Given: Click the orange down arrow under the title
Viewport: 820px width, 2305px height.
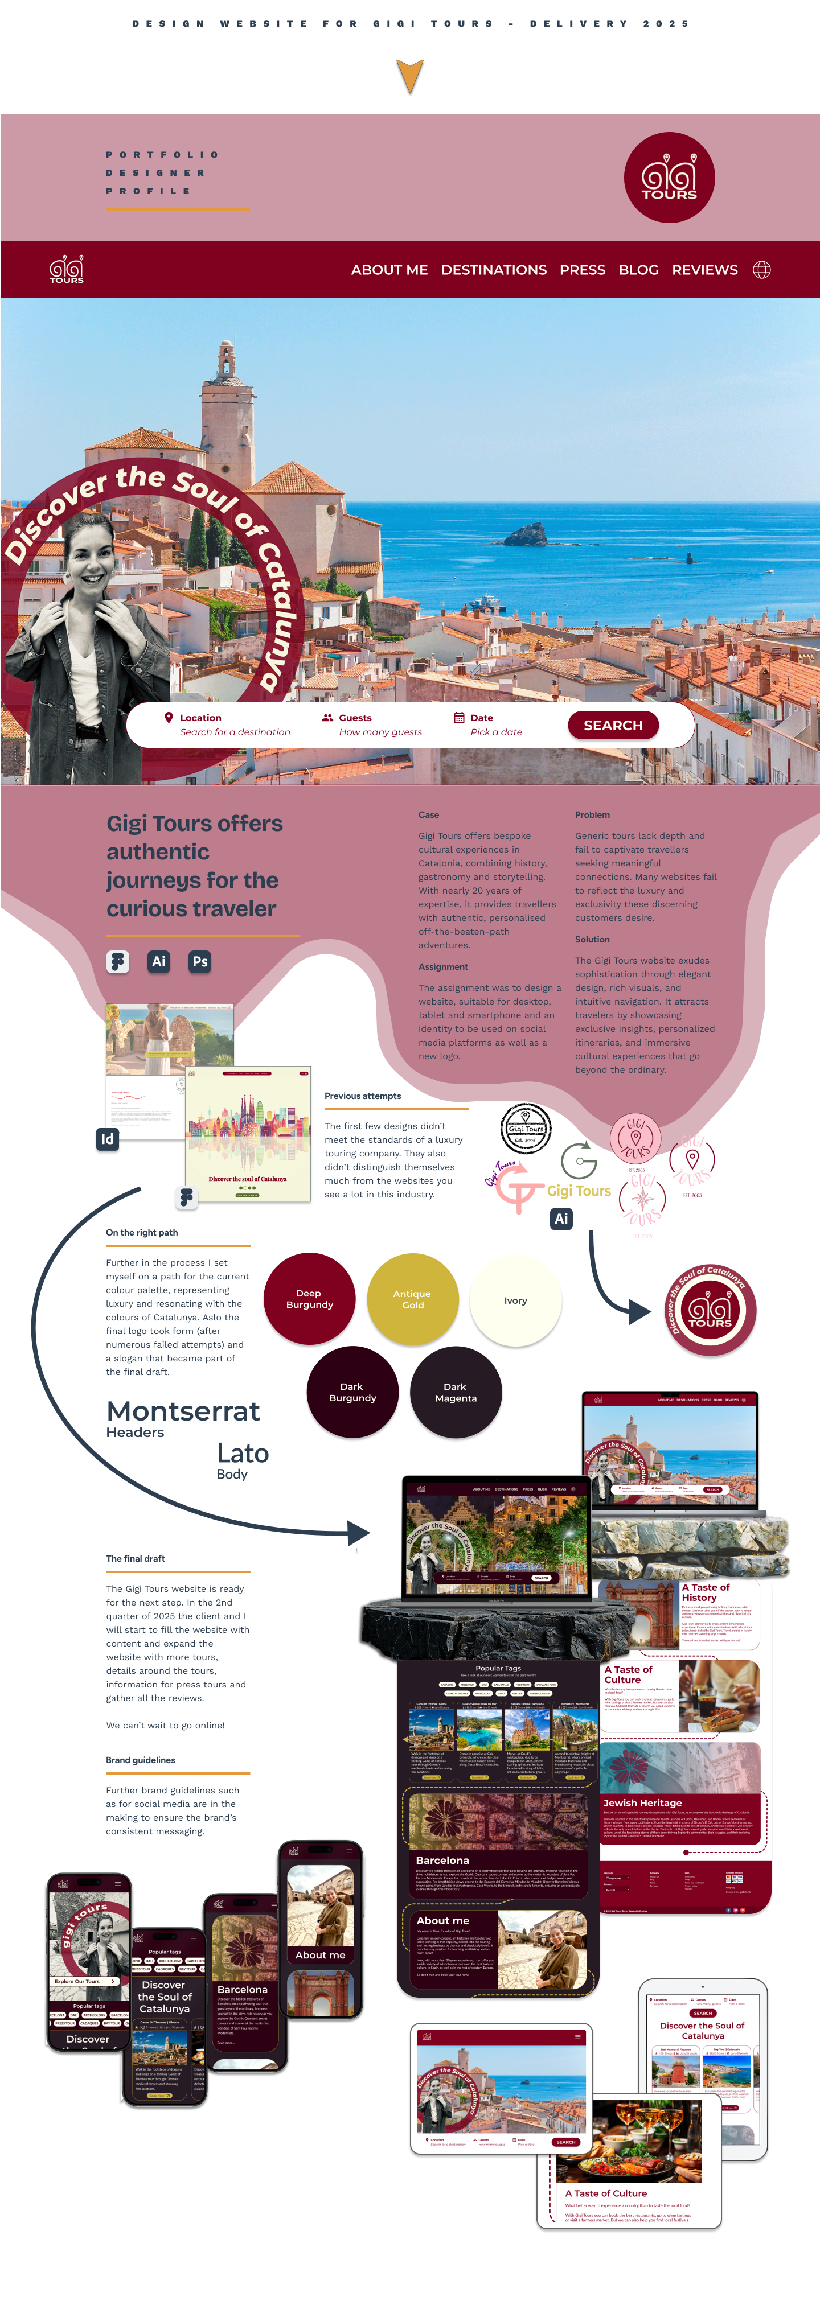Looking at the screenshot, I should coord(410,75).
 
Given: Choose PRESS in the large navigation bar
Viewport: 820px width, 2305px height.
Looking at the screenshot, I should coord(582,269).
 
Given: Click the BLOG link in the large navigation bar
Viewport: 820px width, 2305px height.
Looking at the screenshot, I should coord(638,269).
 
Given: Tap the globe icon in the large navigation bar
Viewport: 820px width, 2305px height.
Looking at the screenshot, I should coord(762,269).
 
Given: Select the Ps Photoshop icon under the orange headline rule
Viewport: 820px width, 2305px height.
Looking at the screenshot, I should coord(200,961).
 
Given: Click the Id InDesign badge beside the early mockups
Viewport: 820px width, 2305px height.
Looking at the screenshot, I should coord(108,1139).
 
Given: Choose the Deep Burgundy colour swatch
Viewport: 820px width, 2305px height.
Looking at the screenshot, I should coord(309,1298).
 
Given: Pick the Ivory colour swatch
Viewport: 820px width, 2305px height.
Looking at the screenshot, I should coord(516,1300).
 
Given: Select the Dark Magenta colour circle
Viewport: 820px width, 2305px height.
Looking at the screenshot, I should coord(455,1392).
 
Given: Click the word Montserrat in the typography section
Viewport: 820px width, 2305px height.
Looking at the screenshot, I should coord(183,1411).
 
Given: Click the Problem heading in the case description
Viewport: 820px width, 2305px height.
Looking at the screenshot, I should coord(592,814).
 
